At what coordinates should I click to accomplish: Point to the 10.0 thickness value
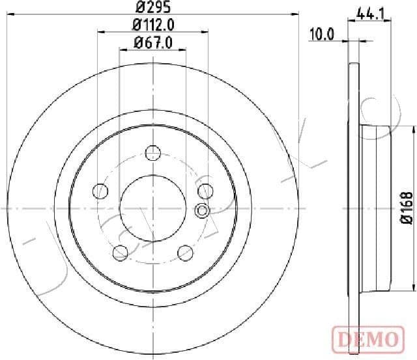(x=321, y=35)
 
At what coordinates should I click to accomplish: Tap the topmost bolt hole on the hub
(x=153, y=153)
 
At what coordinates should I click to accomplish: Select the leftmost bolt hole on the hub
(x=100, y=191)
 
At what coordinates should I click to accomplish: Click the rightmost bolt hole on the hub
(x=205, y=191)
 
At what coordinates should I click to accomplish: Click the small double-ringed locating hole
(x=201, y=210)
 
